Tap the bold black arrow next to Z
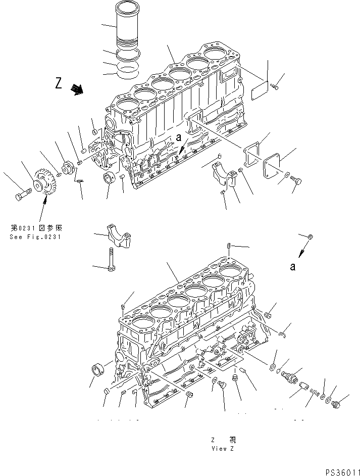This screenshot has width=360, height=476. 77,89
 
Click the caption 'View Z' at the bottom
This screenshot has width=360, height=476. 223,448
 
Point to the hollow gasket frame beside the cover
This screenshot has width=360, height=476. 251,155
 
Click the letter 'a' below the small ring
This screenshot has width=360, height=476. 292,267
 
